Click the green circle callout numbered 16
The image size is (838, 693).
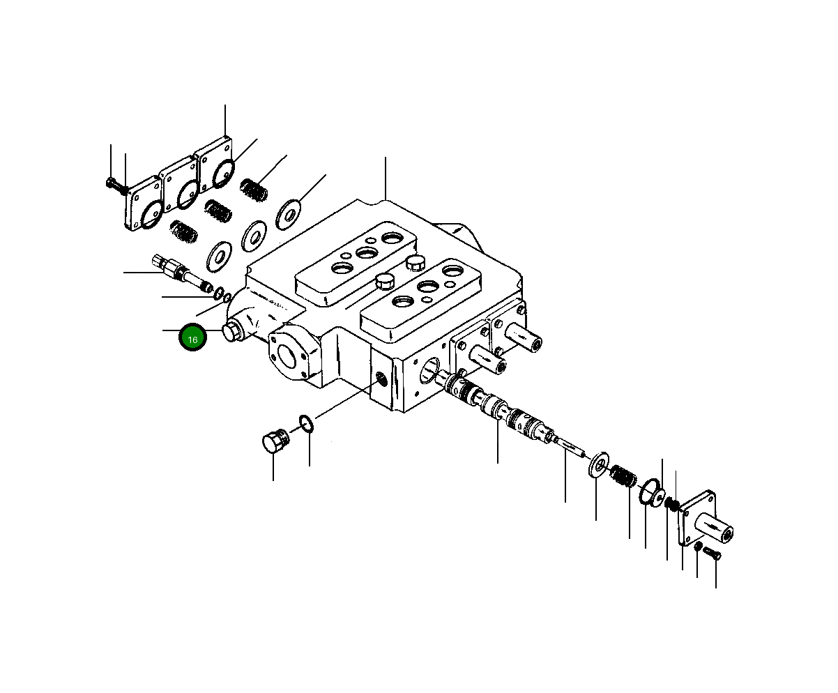(192, 339)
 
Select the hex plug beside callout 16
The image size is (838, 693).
(232, 332)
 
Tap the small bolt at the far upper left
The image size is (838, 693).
(114, 184)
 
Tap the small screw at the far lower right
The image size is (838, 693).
(712, 554)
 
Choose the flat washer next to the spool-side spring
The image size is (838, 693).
(598, 465)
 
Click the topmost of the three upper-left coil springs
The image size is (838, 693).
(254, 190)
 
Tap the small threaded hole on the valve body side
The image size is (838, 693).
(381, 379)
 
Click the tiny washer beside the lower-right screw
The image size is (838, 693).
(698, 546)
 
